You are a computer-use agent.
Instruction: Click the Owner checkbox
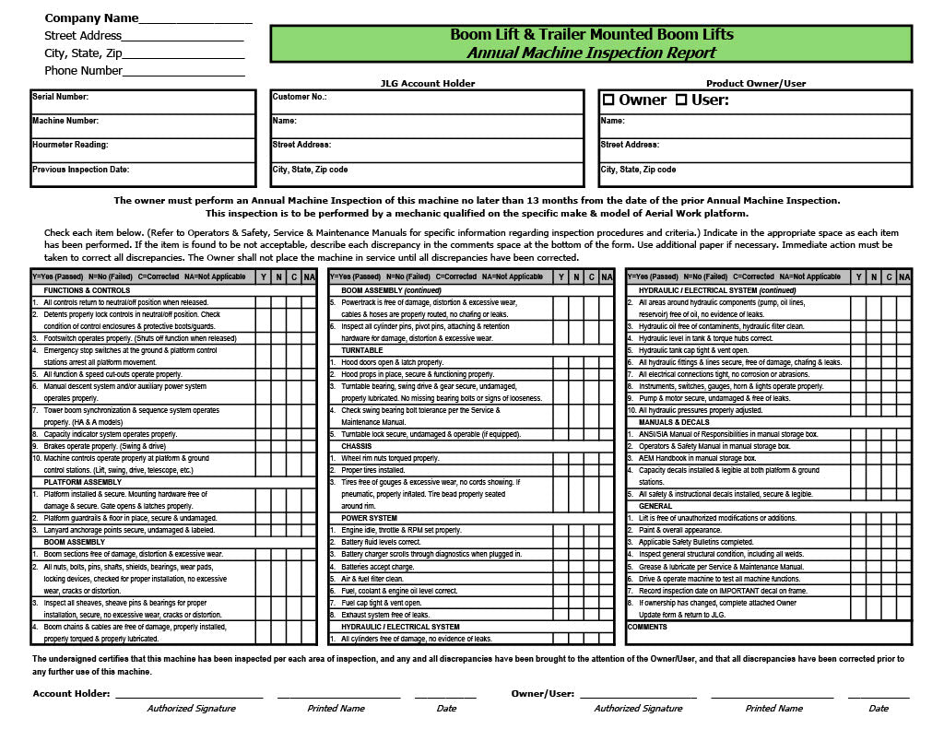point(608,100)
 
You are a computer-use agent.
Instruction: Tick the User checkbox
point(681,100)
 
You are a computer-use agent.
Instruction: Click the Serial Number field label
point(60,97)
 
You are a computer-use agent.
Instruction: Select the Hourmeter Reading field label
point(70,145)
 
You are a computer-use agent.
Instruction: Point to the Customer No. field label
point(300,97)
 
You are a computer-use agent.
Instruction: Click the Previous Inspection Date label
point(81,170)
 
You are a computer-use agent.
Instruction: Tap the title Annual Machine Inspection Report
point(591,53)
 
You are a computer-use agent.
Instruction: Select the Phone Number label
point(83,71)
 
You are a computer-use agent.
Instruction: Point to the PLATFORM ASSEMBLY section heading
point(83,482)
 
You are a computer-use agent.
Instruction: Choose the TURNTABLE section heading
point(361,351)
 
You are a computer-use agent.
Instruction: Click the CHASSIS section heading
point(357,446)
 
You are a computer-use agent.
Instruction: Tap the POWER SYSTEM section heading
point(369,518)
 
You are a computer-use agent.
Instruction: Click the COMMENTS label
point(646,627)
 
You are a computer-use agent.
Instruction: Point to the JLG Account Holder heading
point(428,84)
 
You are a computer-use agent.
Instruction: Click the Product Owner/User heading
point(756,84)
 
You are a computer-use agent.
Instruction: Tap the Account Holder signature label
point(71,693)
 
